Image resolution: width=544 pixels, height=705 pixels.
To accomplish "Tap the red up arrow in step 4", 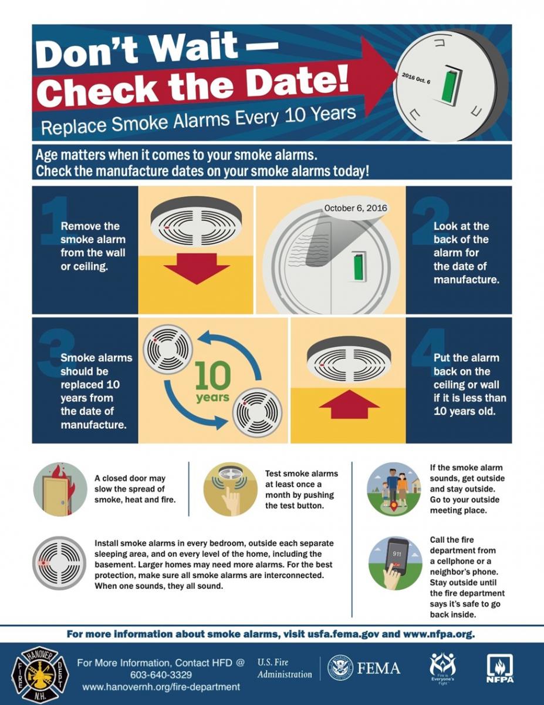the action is click(x=349, y=405).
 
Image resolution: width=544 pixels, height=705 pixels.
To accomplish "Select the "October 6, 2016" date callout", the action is click(x=356, y=208).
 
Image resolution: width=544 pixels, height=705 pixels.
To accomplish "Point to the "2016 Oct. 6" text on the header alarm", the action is click(x=416, y=78).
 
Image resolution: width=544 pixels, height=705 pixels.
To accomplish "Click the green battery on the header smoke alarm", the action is click(x=450, y=86).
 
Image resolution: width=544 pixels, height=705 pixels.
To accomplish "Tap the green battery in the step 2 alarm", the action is click(x=359, y=267).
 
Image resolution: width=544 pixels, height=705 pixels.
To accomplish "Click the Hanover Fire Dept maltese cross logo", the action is click(x=40, y=674).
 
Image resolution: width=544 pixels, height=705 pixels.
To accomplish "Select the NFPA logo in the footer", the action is click(x=500, y=669).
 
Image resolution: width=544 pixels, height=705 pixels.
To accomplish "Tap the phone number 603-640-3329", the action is click(x=161, y=675).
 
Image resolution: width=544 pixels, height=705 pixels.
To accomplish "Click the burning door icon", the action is click(x=60, y=489).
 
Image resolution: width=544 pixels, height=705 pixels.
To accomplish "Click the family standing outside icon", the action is click(x=394, y=489).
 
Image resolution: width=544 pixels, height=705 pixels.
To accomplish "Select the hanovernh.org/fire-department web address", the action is click(x=161, y=687).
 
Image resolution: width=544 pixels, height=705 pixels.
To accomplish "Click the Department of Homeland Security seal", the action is click(x=340, y=668).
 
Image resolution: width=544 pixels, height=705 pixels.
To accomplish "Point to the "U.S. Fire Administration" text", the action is click(x=285, y=668).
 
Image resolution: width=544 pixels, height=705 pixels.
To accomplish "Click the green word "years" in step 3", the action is click(x=213, y=397).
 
